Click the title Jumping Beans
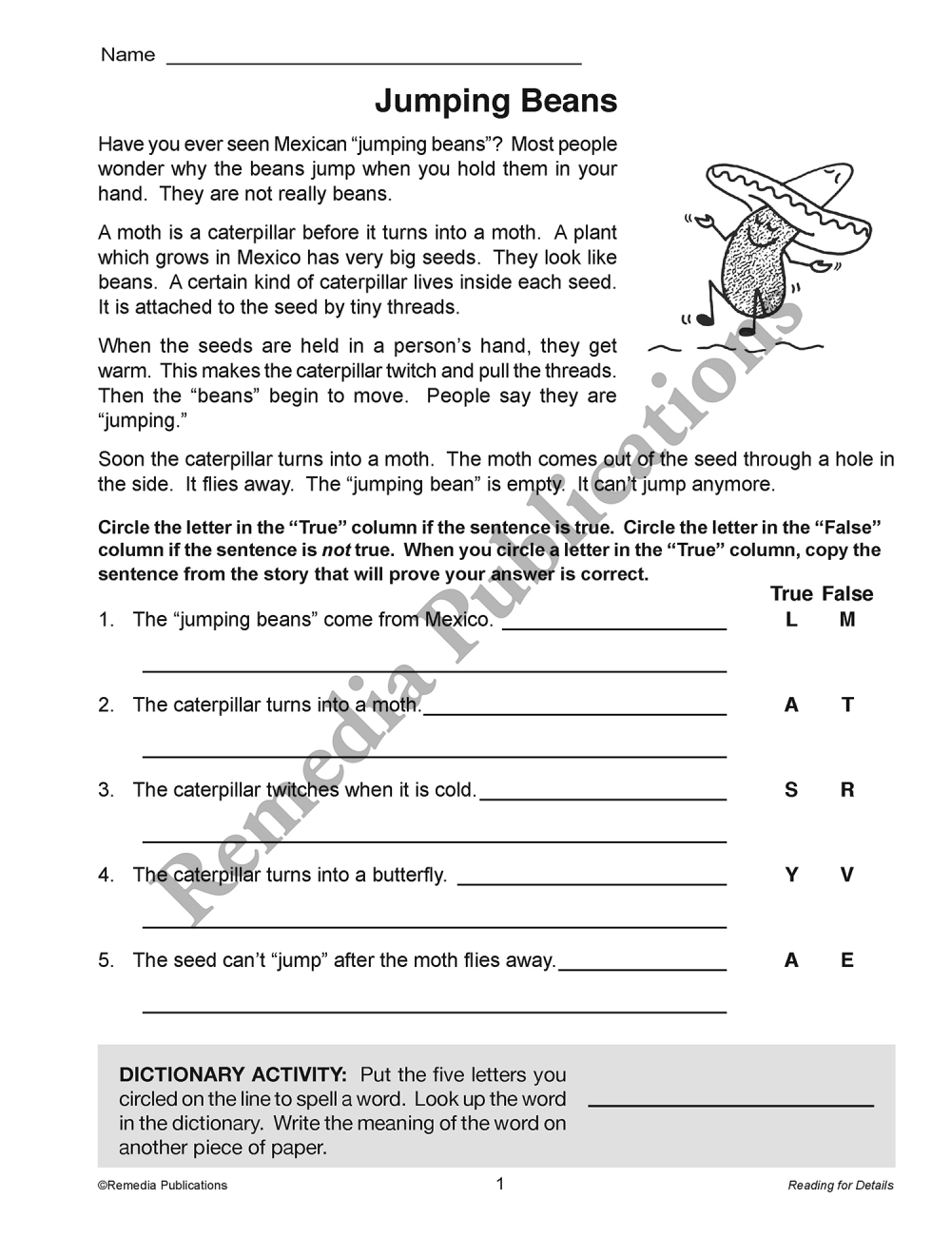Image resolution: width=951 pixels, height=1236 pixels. click(x=495, y=101)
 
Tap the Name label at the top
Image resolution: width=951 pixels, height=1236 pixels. click(x=127, y=55)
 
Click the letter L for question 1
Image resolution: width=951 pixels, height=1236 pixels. click(x=791, y=620)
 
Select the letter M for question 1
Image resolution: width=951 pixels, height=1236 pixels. click(x=847, y=620)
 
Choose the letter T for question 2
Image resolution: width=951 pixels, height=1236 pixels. click(x=847, y=705)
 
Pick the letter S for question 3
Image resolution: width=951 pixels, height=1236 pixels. click(x=791, y=790)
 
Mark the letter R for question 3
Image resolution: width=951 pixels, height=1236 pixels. click(x=847, y=790)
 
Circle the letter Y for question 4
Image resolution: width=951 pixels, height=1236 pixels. click(x=791, y=875)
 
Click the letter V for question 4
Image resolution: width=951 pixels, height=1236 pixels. click(x=847, y=875)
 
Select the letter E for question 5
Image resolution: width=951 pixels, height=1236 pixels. click(x=847, y=960)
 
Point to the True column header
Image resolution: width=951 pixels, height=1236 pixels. click(x=791, y=594)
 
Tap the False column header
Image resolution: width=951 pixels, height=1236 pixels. click(x=847, y=594)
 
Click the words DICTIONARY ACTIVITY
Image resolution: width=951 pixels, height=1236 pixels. click(x=233, y=1075)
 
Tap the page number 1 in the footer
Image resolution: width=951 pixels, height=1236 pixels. click(x=500, y=1184)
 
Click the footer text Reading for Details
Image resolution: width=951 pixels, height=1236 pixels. click(x=841, y=1186)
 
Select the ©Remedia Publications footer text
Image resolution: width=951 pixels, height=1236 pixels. click(x=163, y=1186)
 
